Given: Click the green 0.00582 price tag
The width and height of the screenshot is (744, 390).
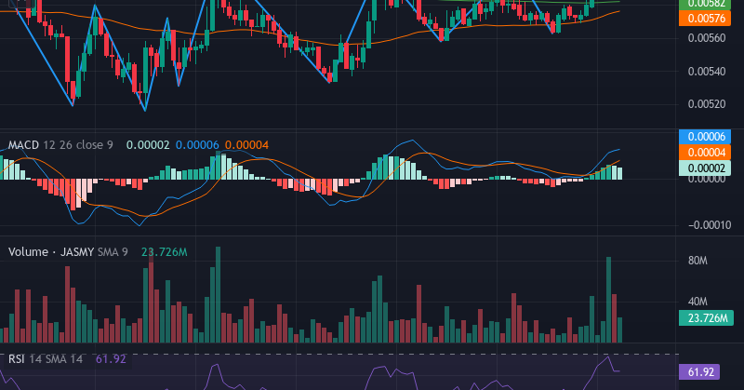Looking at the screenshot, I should [x=703, y=4].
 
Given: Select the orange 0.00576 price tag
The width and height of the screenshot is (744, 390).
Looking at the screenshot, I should [x=703, y=18].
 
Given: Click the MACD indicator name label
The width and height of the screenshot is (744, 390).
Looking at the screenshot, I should [x=25, y=145].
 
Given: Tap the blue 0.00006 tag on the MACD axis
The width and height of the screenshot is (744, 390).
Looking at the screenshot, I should [x=703, y=137].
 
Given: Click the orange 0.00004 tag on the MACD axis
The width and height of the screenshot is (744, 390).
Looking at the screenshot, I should [x=703, y=152].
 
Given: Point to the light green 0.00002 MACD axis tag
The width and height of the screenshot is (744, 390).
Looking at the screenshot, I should [x=703, y=168].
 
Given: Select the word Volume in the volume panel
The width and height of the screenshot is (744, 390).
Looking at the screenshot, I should [x=29, y=252].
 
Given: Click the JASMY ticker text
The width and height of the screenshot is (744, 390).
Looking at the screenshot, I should [x=77, y=252].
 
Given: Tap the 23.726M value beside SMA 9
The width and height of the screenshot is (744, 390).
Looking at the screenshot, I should [x=165, y=252].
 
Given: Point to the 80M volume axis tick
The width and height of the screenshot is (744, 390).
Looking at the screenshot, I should [x=698, y=262].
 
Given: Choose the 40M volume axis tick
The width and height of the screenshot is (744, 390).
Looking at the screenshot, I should [x=698, y=302].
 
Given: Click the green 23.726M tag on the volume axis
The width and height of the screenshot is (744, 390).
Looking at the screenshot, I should [x=703, y=318].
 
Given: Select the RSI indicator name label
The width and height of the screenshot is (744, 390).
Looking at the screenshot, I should [x=17, y=358].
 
